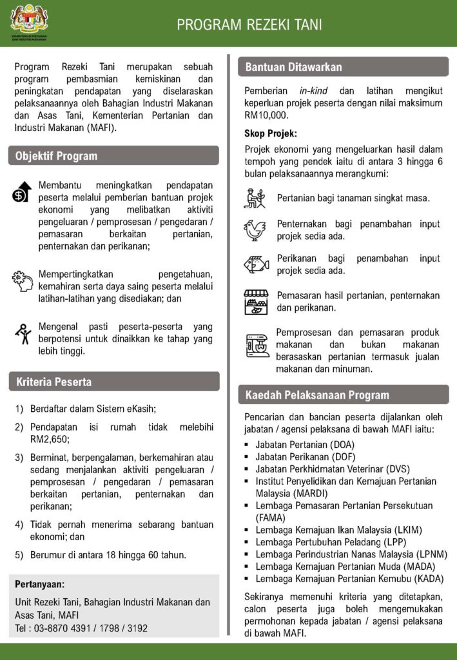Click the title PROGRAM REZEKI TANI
pyautogui.click(x=249, y=25)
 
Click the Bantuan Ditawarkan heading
pyautogui.click(x=293, y=67)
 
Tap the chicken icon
pyautogui.click(x=255, y=229)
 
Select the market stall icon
pyautogui.click(x=256, y=302)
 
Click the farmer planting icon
pyautogui.click(x=255, y=198)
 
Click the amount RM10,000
pyautogui.click(x=266, y=115)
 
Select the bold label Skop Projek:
pyautogui.click(x=270, y=134)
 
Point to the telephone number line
pyautogui.click(x=81, y=627)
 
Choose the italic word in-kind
pyautogui.click(x=313, y=91)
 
